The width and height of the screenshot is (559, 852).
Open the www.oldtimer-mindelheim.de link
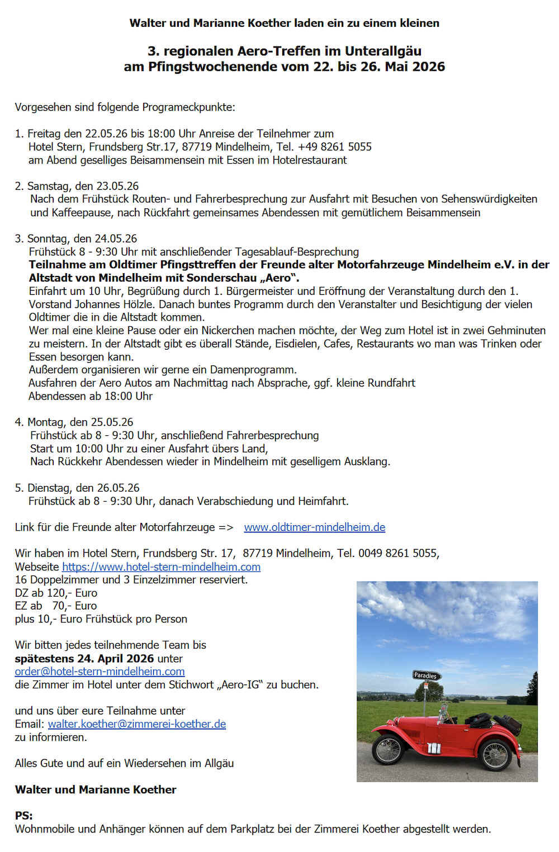(x=314, y=527)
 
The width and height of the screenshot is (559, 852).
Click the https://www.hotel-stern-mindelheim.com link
(x=161, y=567)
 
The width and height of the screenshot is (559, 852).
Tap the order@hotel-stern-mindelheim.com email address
(x=100, y=671)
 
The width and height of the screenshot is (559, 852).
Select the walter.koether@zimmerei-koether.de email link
(x=137, y=724)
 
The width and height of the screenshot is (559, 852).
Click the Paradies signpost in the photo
(x=427, y=675)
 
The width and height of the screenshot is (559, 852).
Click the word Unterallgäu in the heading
(x=383, y=51)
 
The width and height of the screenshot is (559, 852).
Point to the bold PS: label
(x=24, y=816)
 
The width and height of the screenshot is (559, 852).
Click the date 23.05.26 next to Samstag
(x=117, y=186)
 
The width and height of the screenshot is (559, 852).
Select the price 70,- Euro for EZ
(x=74, y=606)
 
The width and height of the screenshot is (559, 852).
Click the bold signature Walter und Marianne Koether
(x=96, y=789)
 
